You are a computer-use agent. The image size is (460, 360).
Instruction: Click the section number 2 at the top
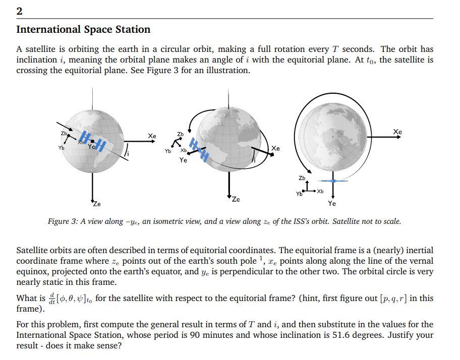[20, 11]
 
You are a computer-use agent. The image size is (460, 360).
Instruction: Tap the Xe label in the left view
[152, 136]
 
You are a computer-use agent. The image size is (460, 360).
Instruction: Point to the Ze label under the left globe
[96, 204]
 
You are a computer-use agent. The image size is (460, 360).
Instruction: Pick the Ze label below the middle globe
[236, 199]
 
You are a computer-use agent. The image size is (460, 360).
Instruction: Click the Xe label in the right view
[397, 132]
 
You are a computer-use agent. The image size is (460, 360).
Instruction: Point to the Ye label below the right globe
[332, 204]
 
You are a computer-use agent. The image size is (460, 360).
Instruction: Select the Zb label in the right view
[302, 178]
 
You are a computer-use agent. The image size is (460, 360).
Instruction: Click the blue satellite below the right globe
[333, 181]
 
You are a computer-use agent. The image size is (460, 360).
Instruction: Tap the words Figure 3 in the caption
[63, 221]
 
